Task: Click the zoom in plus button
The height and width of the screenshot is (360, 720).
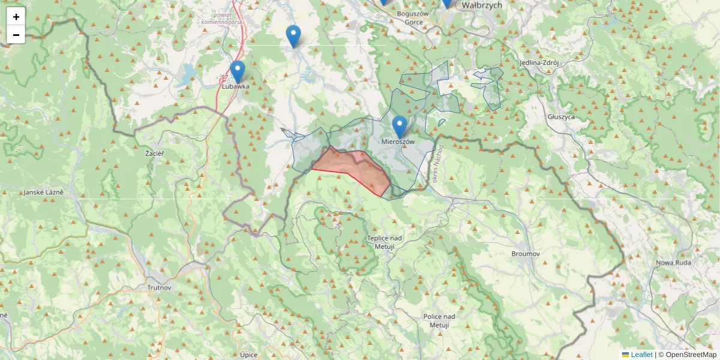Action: (x=16, y=17)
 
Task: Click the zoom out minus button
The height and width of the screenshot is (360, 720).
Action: (x=16, y=35)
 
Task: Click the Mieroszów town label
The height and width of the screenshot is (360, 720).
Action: (x=398, y=142)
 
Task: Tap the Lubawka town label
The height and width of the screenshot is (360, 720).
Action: (x=236, y=86)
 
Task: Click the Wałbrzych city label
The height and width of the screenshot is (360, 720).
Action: (x=482, y=5)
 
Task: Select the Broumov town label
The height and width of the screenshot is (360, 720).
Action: (x=526, y=254)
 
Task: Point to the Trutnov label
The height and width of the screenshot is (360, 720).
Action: (x=159, y=287)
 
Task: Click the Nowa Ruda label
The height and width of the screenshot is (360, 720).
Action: (x=673, y=262)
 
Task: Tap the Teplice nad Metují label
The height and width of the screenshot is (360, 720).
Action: (x=385, y=242)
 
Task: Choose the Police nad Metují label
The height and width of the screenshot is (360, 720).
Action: (x=439, y=320)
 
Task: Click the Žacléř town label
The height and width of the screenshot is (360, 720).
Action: (x=155, y=154)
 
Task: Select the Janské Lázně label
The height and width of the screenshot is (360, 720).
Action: (x=43, y=193)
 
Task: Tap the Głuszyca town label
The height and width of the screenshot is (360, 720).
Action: (x=561, y=117)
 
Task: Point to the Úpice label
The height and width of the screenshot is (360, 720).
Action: (x=248, y=355)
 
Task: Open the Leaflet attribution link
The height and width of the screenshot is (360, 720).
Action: (x=641, y=355)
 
